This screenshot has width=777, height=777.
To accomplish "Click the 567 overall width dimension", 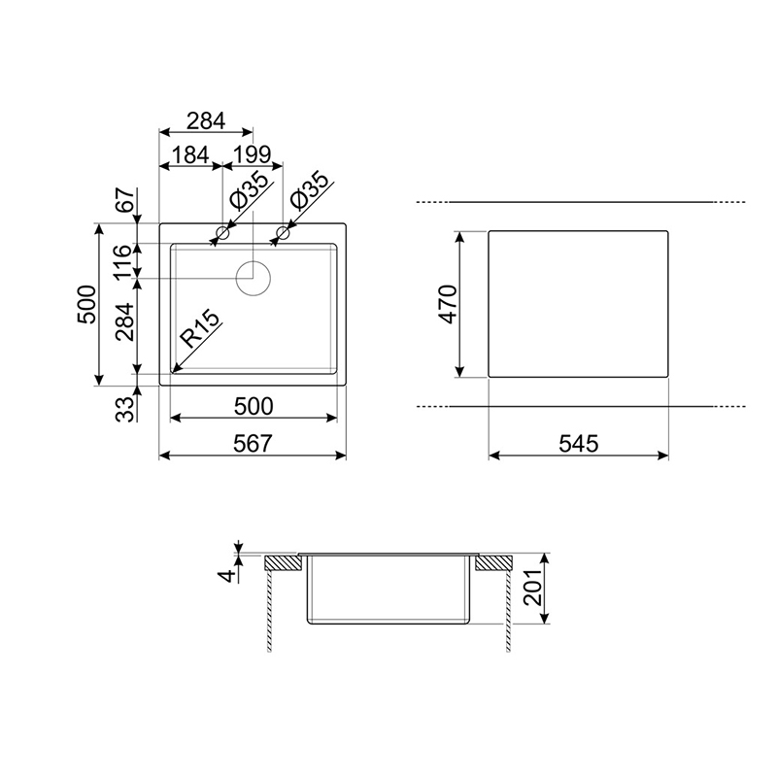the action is point(253,443).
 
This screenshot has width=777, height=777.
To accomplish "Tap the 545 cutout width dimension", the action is point(578,443).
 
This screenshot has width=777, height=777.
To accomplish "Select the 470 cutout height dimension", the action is point(449,304).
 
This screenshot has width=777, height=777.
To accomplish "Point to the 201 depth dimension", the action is point(532,588).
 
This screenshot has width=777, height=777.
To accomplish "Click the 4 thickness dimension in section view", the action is point(227,576).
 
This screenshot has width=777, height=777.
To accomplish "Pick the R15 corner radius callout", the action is point(199,328).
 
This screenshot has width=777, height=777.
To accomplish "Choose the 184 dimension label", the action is point(189,155).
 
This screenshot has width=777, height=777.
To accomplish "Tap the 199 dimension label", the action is point(252,155).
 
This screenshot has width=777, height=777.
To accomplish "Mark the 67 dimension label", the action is point(125,200).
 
